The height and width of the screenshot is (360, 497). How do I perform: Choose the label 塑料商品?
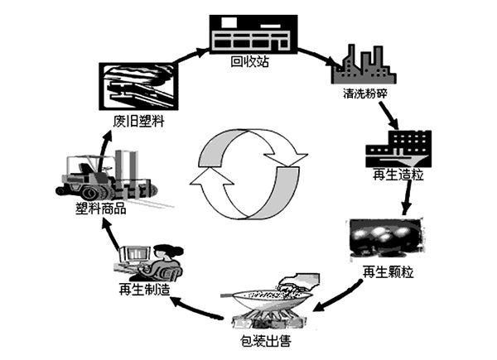pos(99,210)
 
